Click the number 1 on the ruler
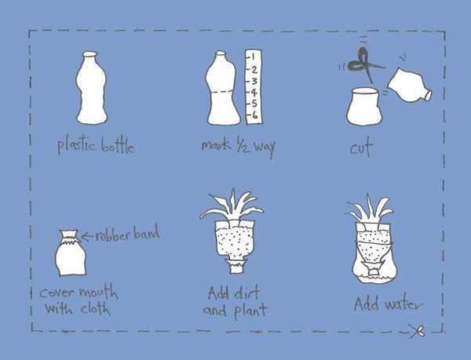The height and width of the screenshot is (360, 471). point(253,56)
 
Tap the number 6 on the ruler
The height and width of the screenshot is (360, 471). point(254,115)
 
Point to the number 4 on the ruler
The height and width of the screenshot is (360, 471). point(254,92)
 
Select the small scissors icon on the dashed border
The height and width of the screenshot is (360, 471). point(417,331)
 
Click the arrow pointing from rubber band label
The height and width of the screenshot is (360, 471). point(87,237)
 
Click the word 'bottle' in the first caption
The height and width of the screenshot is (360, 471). point(118,146)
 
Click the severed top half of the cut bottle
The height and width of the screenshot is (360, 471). point(410,85)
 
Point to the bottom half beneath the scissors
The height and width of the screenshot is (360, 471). point(364,107)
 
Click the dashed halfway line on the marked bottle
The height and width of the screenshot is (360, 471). point(222,93)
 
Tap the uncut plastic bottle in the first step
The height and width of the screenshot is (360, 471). point(91,88)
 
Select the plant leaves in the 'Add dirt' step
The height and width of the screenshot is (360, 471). point(232,207)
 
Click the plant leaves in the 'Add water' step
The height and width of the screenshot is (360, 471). point(370,209)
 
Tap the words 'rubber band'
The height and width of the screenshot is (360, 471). point(127,234)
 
